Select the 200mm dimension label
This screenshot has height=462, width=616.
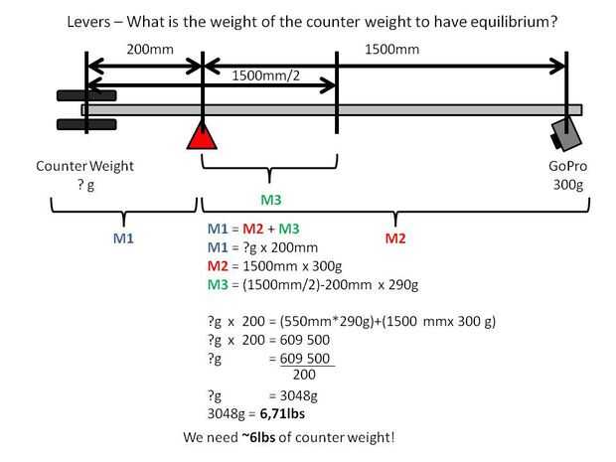147,49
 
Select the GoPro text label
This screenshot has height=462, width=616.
568,166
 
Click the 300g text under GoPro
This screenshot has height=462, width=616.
568,183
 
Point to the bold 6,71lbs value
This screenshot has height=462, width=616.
284,412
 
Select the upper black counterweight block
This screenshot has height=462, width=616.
86,95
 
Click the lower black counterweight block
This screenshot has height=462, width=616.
86,124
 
